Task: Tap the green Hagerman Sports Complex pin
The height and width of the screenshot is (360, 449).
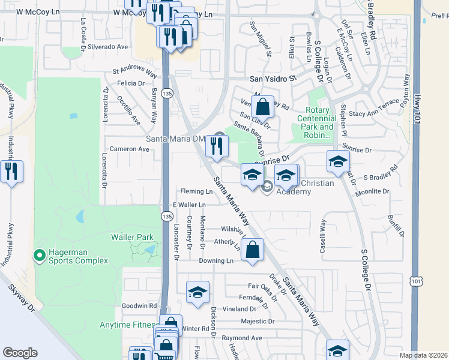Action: [x=40, y=256]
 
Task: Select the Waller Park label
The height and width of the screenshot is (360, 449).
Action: [x=132, y=237]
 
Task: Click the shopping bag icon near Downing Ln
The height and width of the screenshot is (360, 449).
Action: [x=253, y=249]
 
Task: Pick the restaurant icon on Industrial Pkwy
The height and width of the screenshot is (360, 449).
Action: [x=11, y=172]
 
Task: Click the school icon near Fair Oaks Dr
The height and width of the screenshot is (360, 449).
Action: [x=197, y=293]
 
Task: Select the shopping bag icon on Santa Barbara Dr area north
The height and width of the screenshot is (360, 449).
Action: [x=263, y=108]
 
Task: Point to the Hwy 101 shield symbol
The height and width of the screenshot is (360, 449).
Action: [x=417, y=281]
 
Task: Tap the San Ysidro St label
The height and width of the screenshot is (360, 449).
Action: [x=273, y=79]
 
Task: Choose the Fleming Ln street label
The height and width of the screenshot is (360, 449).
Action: [x=197, y=191]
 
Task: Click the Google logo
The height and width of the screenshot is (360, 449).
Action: [x=20, y=353]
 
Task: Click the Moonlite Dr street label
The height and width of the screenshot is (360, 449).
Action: [x=373, y=191]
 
